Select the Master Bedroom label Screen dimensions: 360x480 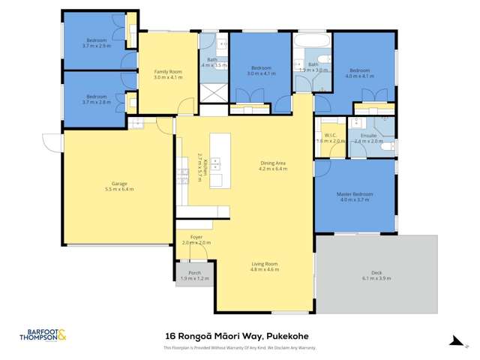click(x=355, y=194)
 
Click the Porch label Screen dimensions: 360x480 click(x=194, y=272)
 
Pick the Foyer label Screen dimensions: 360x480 click(x=196, y=237)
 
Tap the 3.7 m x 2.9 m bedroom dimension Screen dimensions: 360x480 click(x=96, y=46)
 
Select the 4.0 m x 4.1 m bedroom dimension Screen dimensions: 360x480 click(x=360, y=74)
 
